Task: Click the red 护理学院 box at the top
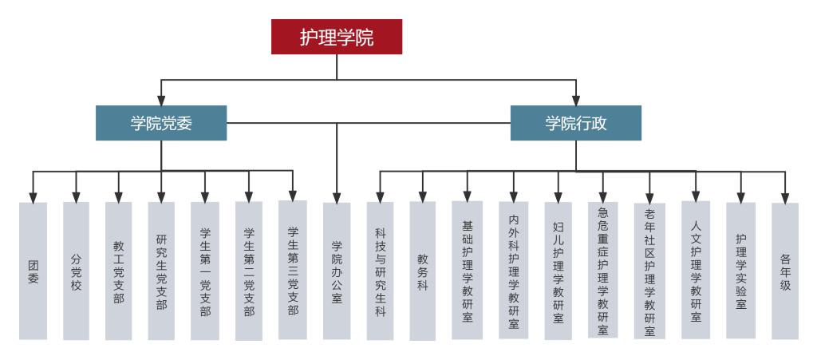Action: [336, 37]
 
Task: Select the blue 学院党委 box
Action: [161, 123]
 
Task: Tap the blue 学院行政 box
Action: [575, 123]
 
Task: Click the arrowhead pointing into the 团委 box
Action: [33, 196]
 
